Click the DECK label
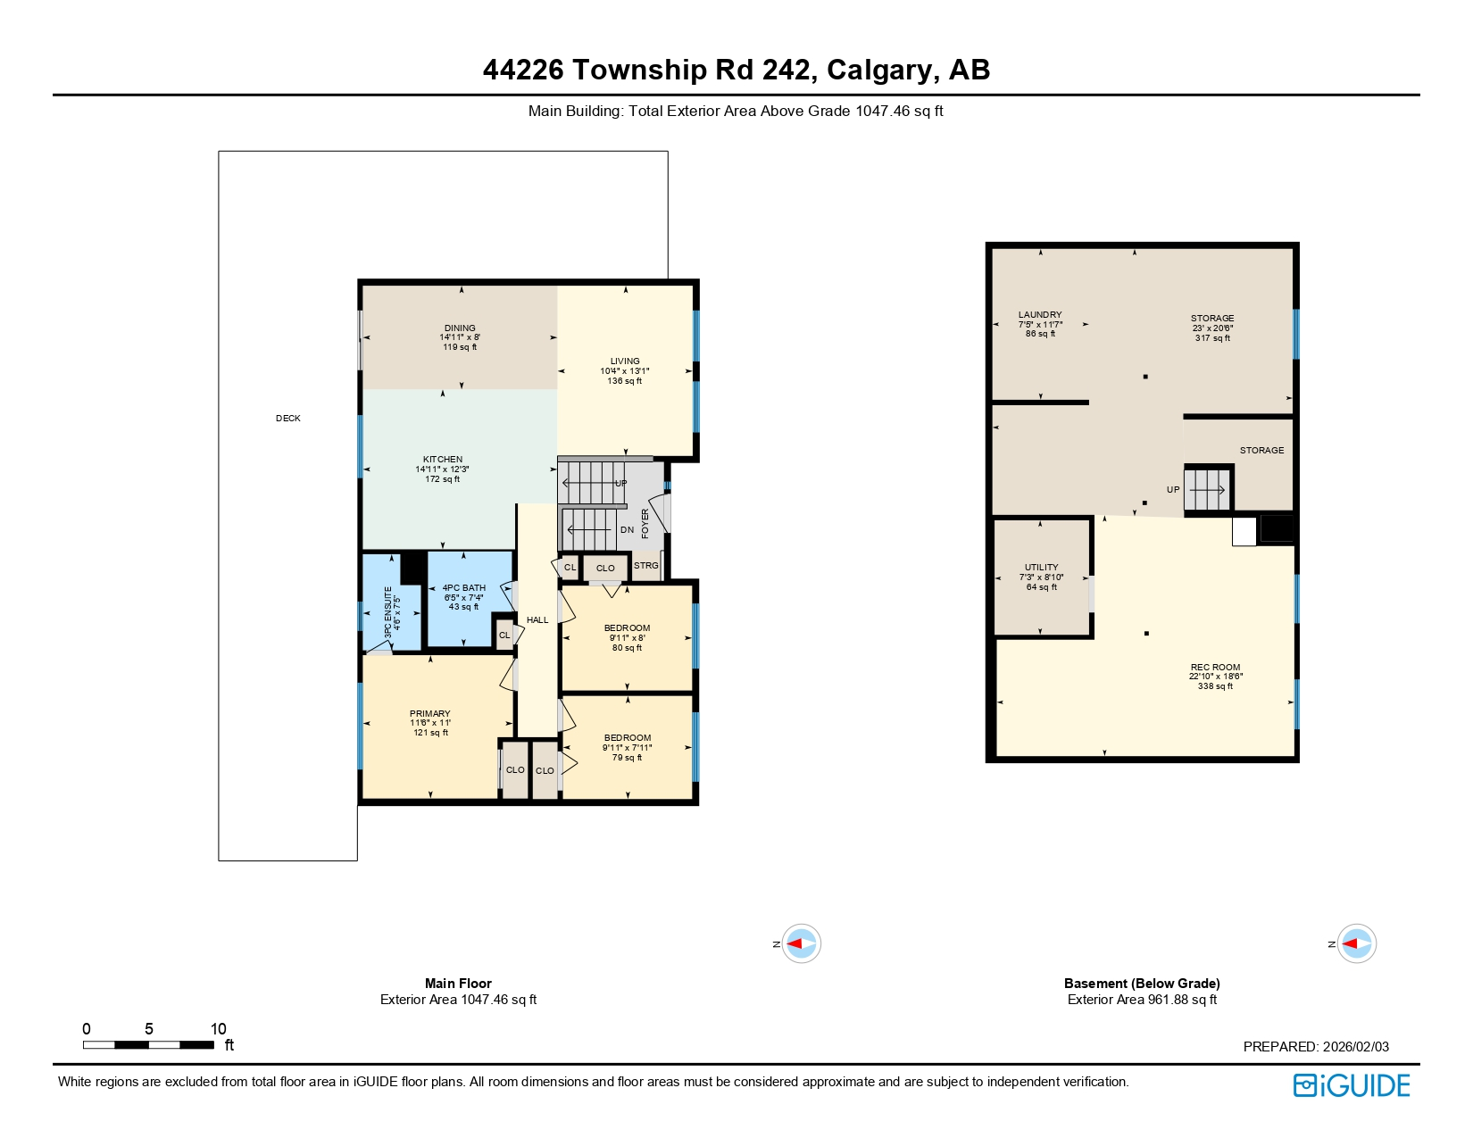pyautogui.click(x=287, y=418)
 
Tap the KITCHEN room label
pyautogui.click(x=443, y=460)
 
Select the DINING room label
pyautogui.click(x=460, y=328)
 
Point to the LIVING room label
pyautogui.click(x=625, y=361)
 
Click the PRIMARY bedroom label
pyautogui.click(x=429, y=714)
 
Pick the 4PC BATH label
pyautogui.click(x=463, y=588)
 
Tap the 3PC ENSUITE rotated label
pyautogui.click(x=388, y=611)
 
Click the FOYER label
pyautogui.click(x=645, y=524)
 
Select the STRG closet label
pyautogui.click(x=645, y=566)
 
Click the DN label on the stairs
pyautogui.click(x=627, y=530)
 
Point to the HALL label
pyautogui.click(x=537, y=619)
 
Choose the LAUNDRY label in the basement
pyautogui.click(x=1040, y=315)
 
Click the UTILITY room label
pyautogui.click(x=1041, y=568)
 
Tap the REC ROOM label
pyautogui.click(x=1215, y=667)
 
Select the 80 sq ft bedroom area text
pyautogui.click(x=627, y=648)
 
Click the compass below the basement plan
pyautogui.click(x=1357, y=943)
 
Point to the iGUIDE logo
pyautogui.click(x=1352, y=1085)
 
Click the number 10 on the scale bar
pyautogui.click(x=218, y=1029)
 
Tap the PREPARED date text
pyautogui.click(x=1316, y=1047)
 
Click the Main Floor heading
pyautogui.click(x=458, y=983)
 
